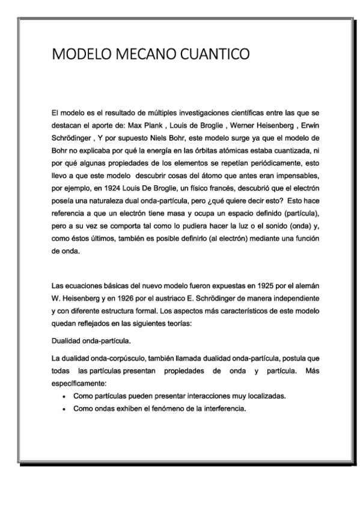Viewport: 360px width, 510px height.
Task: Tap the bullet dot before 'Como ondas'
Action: tap(65, 409)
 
